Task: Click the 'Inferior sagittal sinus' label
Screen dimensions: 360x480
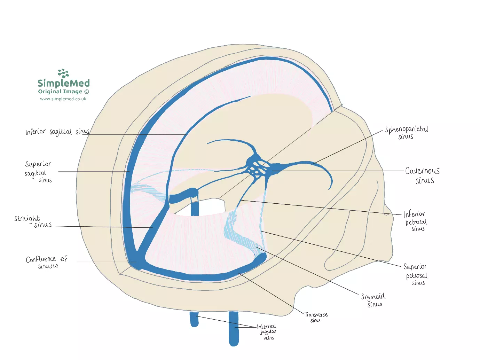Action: (x=57, y=132)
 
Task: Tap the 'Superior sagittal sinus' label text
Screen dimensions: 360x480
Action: (x=38, y=172)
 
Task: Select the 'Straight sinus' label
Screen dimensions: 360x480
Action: (x=33, y=221)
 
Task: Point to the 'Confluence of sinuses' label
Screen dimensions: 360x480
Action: (x=47, y=262)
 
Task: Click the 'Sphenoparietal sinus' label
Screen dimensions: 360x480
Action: (x=406, y=133)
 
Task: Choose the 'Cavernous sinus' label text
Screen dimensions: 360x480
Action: (x=423, y=175)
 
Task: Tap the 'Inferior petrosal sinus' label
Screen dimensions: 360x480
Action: (x=415, y=221)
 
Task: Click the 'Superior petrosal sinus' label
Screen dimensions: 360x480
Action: (x=416, y=274)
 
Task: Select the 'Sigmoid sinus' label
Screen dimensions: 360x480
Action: (x=373, y=300)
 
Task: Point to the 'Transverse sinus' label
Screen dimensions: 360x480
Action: (x=316, y=317)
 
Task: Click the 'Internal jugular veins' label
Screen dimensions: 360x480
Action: (x=267, y=332)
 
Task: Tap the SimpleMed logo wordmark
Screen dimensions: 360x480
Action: (x=64, y=83)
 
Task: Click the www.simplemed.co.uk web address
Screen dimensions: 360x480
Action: (x=63, y=99)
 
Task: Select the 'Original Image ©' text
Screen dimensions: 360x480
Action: (x=63, y=92)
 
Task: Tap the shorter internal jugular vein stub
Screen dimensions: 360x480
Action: (x=194, y=319)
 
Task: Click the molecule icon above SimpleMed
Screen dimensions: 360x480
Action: (x=63, y=73)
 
